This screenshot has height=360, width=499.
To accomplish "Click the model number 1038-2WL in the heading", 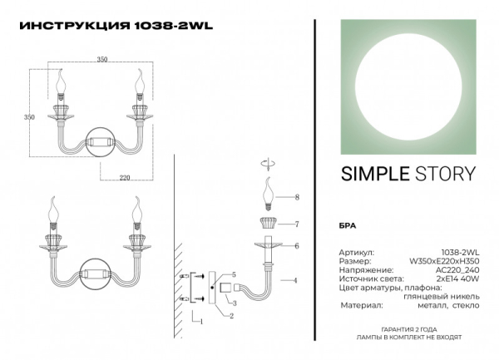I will (174, 25).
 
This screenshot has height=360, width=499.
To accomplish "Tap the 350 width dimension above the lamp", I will (102, 60).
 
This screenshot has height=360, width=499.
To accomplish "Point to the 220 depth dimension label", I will (124, 177).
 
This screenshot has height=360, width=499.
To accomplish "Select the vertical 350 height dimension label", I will (29, 118).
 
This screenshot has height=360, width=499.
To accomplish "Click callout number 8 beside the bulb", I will (297, 197).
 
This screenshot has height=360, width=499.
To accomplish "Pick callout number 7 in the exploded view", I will (297, 224).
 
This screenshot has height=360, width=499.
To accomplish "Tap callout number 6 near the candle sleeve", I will (297, 245).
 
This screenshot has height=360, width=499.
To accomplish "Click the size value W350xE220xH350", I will (445, 260).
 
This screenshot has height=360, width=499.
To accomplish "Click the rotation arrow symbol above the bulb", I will (267, 162).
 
